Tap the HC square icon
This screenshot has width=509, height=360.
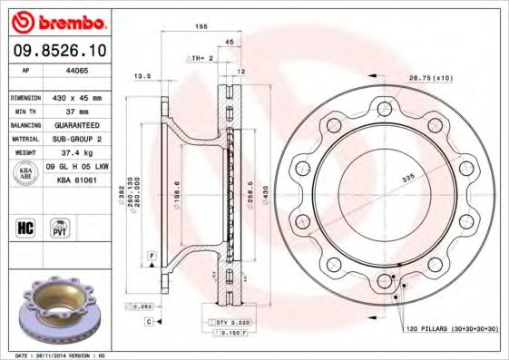tap(26, 228)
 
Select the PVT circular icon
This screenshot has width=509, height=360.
tap(59, 228)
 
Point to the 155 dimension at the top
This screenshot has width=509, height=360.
tap(201, 28)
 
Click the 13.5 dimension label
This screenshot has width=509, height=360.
tap(142, 76)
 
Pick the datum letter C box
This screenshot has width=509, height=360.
tap(147, 322)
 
